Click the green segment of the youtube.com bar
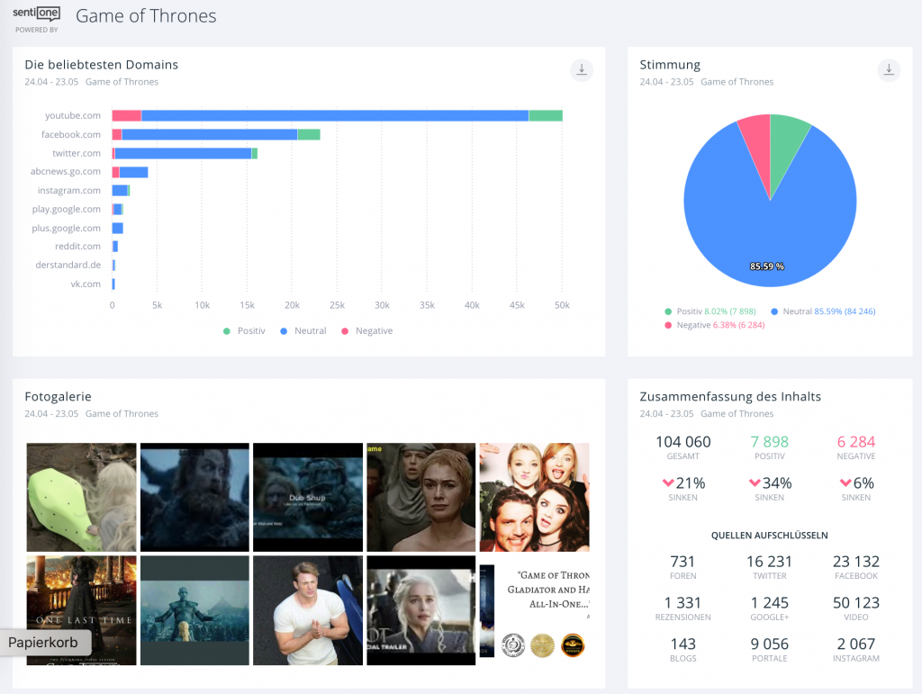coord(545,115)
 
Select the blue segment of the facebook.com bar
coord(209,134)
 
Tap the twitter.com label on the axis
coord(77,153)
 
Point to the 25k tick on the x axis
coord(337,305)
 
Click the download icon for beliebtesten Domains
coord(582,69)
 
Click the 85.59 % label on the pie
coord(767,266)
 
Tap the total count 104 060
coord(682,442)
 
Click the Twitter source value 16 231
coord(769,562)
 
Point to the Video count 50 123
coord(855,603)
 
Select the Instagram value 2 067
coord(855,644)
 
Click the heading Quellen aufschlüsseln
coord(769,535)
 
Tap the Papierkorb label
coord(44,643)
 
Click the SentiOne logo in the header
coord(36,15)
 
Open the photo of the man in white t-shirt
coord(308,609)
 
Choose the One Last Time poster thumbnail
coord(81,609)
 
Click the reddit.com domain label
coord(77,246)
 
